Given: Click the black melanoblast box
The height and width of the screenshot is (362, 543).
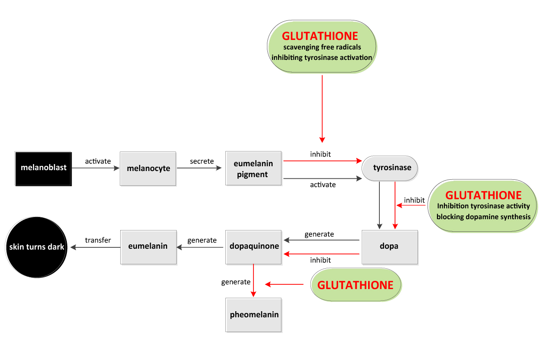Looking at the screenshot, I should tap(43, 168).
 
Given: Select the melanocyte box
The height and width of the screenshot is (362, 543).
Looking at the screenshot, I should tap(148, 168).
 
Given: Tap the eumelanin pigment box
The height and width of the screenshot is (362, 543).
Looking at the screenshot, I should tap(253, 168).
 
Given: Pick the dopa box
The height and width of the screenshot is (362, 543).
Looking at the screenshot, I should tap(389, 247).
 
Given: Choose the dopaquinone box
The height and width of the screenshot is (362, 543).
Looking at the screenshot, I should tap(253, 247).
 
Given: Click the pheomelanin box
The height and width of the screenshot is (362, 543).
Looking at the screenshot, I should tap(253, 315).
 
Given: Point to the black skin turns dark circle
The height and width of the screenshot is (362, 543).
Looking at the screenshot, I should tap(36, 247).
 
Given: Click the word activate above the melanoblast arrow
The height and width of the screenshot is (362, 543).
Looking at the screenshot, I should tap(98, 161).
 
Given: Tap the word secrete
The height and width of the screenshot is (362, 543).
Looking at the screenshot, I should tap(202, 161).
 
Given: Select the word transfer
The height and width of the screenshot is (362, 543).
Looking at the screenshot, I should tap(98, 240).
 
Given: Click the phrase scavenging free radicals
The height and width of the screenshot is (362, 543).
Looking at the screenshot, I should tap(322, 47).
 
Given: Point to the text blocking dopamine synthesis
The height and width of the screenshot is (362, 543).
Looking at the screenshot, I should tap(484, 217).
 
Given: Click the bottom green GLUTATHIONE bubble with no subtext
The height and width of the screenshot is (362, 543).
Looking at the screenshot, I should tap(355, 285).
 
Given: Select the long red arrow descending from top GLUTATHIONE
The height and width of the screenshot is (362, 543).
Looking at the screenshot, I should tap(322, 109).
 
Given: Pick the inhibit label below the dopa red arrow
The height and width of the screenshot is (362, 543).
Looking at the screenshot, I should tap(320, 260).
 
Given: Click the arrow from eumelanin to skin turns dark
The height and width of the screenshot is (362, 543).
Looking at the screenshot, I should tap(95, 247).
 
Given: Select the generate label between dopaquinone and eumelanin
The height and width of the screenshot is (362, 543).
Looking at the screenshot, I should tap(202, 240).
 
